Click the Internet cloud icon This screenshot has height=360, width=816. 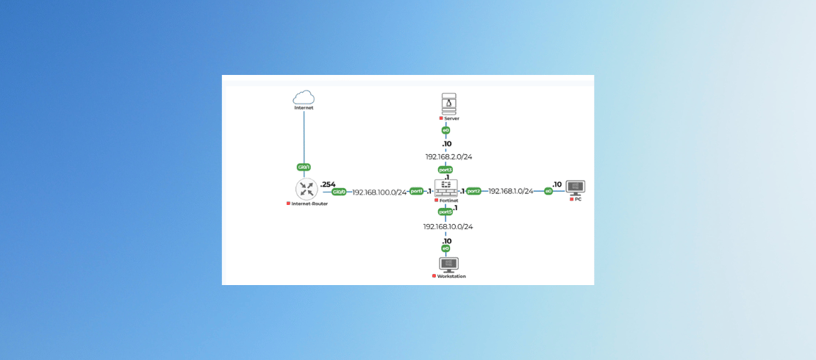coord(304,97)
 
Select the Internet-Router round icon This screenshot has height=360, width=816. coord(307,189)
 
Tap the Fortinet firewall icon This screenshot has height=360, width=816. coord(445,188)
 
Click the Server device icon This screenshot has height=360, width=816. coord(448,103)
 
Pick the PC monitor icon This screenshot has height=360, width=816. coord(575,187)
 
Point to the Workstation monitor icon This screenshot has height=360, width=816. coord(448,264)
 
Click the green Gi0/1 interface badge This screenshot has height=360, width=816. coord(304,167)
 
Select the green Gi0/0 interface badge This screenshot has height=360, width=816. coord(339,192)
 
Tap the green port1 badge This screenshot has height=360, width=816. coord(416,191)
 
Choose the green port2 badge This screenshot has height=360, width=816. coord(473,191)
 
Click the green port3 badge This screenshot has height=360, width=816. coord(445,170)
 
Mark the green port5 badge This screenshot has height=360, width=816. coord(445,212)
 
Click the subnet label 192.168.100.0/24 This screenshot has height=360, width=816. coord(379,192)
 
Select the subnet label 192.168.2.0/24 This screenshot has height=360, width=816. coord(448,156)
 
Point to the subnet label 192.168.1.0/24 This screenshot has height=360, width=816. coord(511,191)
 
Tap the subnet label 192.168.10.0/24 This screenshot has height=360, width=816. coord(448,226)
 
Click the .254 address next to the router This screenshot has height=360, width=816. coord(327,184)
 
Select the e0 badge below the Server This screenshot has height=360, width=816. coord(445,130)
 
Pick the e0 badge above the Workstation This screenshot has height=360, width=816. coord(445,248)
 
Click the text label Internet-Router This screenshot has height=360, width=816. coord(309,204)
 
